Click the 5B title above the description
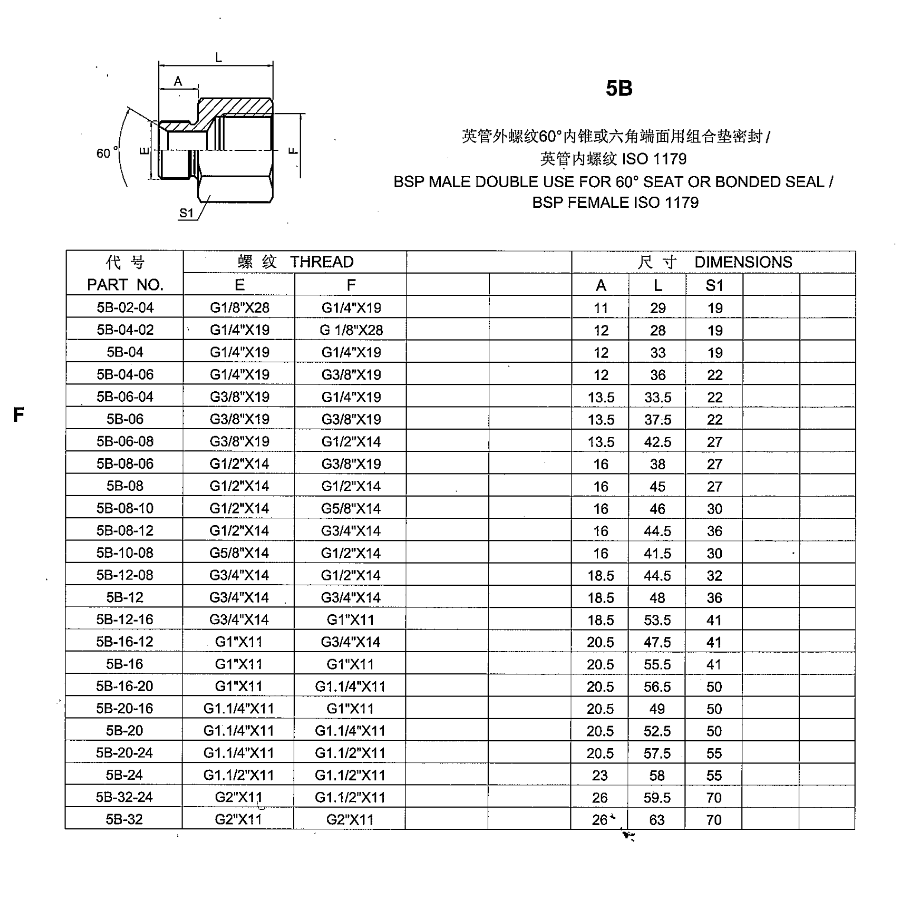pyautogui.click(x=618, y=88)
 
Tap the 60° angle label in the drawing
pyautogui.click(x=103, y=153)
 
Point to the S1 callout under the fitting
pyautogui.click(x=186, y=213)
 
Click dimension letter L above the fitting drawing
pyautogui.click(x=218, y=58)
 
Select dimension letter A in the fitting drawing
pyautogui.click(x=178, y=81)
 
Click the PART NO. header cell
pyautogui.click(x=125, y=285)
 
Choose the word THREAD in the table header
pyautogui.click(x=321, y=262)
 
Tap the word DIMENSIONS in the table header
pyautogui.click(x=743, y=262)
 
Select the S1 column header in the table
pyautogui.click(x=714, y=285)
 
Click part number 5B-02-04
pyautogui.click(x=125, y=308)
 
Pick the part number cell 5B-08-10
pyautogui.click(x=125, y=508)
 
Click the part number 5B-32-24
pyautogui.click(x=124, y=798)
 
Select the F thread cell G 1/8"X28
pyautogui.click(x=351, y=330)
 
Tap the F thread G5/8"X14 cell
pyautogui.click(x=351, y=508)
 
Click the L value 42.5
pyautogui.click(x=658, y=442)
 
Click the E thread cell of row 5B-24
pyautogui.click(x=239, y=775)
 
